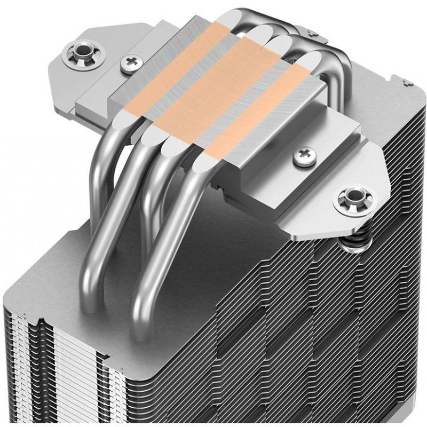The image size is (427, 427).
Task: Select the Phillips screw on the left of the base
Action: pyautogui.click(x=130, y=64)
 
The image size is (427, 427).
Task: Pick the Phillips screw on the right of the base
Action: pyautogui.click(x=304, y=155)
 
